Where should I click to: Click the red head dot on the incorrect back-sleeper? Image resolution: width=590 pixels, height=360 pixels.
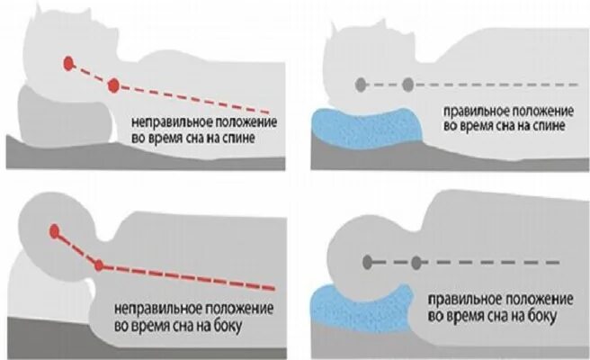click(x=68, y=63)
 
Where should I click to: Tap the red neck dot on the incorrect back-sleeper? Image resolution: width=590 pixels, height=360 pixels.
click(x=114, y=85)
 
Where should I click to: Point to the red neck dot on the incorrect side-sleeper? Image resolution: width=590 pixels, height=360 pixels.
click(x=99, y=265)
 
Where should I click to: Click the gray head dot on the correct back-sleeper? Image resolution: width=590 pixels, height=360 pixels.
click(x=362, y=85)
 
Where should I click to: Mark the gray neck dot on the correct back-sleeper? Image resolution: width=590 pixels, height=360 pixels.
click(x=407, y=85)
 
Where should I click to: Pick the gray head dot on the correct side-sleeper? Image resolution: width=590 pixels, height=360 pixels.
click(x=367, y=263)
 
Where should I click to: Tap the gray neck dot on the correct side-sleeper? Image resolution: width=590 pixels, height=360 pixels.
click(x=416, y=263)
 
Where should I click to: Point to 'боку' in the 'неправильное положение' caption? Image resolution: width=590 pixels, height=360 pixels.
click(x=233, y=318)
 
